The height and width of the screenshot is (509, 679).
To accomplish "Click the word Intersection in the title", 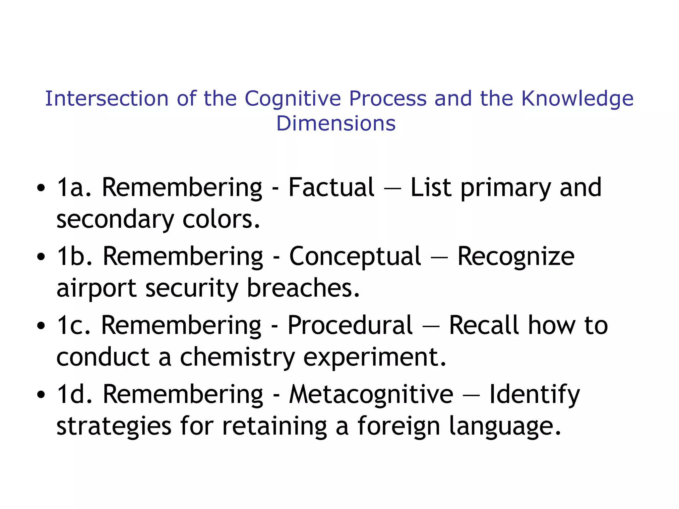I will pyautogui.click(x=107, y=98).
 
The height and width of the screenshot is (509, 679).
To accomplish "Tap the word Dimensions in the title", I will pyautogui.click(x=336, y=123).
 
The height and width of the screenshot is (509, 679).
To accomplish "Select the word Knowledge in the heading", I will pyautogui.click(x=577, y=99).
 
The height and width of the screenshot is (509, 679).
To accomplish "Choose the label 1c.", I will pyautogui.click(x=73, y=325).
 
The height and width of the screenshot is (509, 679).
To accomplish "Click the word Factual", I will pyautogui.click(x=331, y=188).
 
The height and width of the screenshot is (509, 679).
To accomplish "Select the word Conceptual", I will pyautogui.click(x=355, y=256).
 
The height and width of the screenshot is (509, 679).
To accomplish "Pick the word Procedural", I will pyautogui.click(x=350, y=325).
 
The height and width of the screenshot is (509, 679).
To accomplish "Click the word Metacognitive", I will pyautogui.click(x=371, y=394).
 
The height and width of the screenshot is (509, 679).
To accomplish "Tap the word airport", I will pyautogui.click(x=96, y=288).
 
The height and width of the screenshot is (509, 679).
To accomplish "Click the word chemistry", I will pyautogui.click(x=237, y=357).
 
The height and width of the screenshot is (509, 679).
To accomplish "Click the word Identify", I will pyautogui.click(x=534, y=395).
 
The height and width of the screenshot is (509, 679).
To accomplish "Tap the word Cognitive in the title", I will pyautogui.click(x=293, y=99).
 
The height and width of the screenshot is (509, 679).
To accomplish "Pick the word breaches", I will pyautogui.click(x=303, y=288).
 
